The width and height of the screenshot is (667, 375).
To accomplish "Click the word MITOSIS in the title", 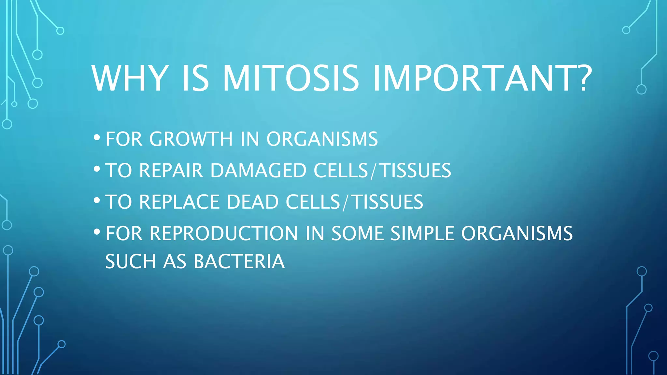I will click(291, 78).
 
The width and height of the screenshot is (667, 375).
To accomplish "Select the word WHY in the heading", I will click(130, 78).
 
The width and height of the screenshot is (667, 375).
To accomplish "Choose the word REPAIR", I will click(171, 170).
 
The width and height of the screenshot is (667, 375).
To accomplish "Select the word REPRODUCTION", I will click(224, 233).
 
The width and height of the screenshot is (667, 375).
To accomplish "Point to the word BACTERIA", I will click(239, 261).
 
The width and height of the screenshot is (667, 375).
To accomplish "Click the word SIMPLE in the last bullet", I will click(422, 233).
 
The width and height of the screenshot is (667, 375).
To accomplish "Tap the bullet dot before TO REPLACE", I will click(96, 200).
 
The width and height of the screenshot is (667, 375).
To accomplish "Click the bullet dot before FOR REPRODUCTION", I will click(96, 232).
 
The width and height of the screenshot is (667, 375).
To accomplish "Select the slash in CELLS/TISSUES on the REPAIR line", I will click(374, 171).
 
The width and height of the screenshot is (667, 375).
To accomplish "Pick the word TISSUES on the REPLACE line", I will click(388, 202).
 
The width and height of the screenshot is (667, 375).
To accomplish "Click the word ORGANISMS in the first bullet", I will click(322, 139).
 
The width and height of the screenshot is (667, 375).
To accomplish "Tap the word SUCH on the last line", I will click(131, 261).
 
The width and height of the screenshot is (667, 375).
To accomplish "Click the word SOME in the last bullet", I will click(358, 233).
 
